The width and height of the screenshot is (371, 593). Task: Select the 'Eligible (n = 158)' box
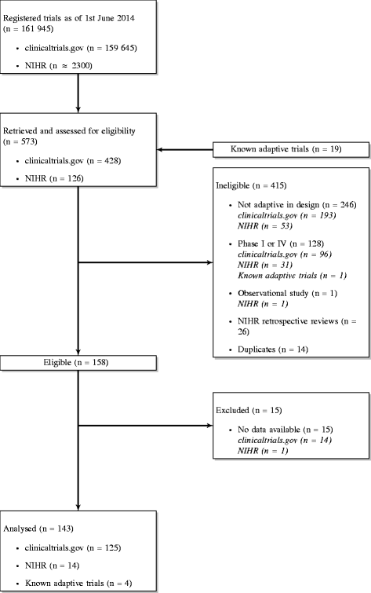pos(79,364)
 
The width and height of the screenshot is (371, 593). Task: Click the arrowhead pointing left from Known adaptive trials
pos(161,148)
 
